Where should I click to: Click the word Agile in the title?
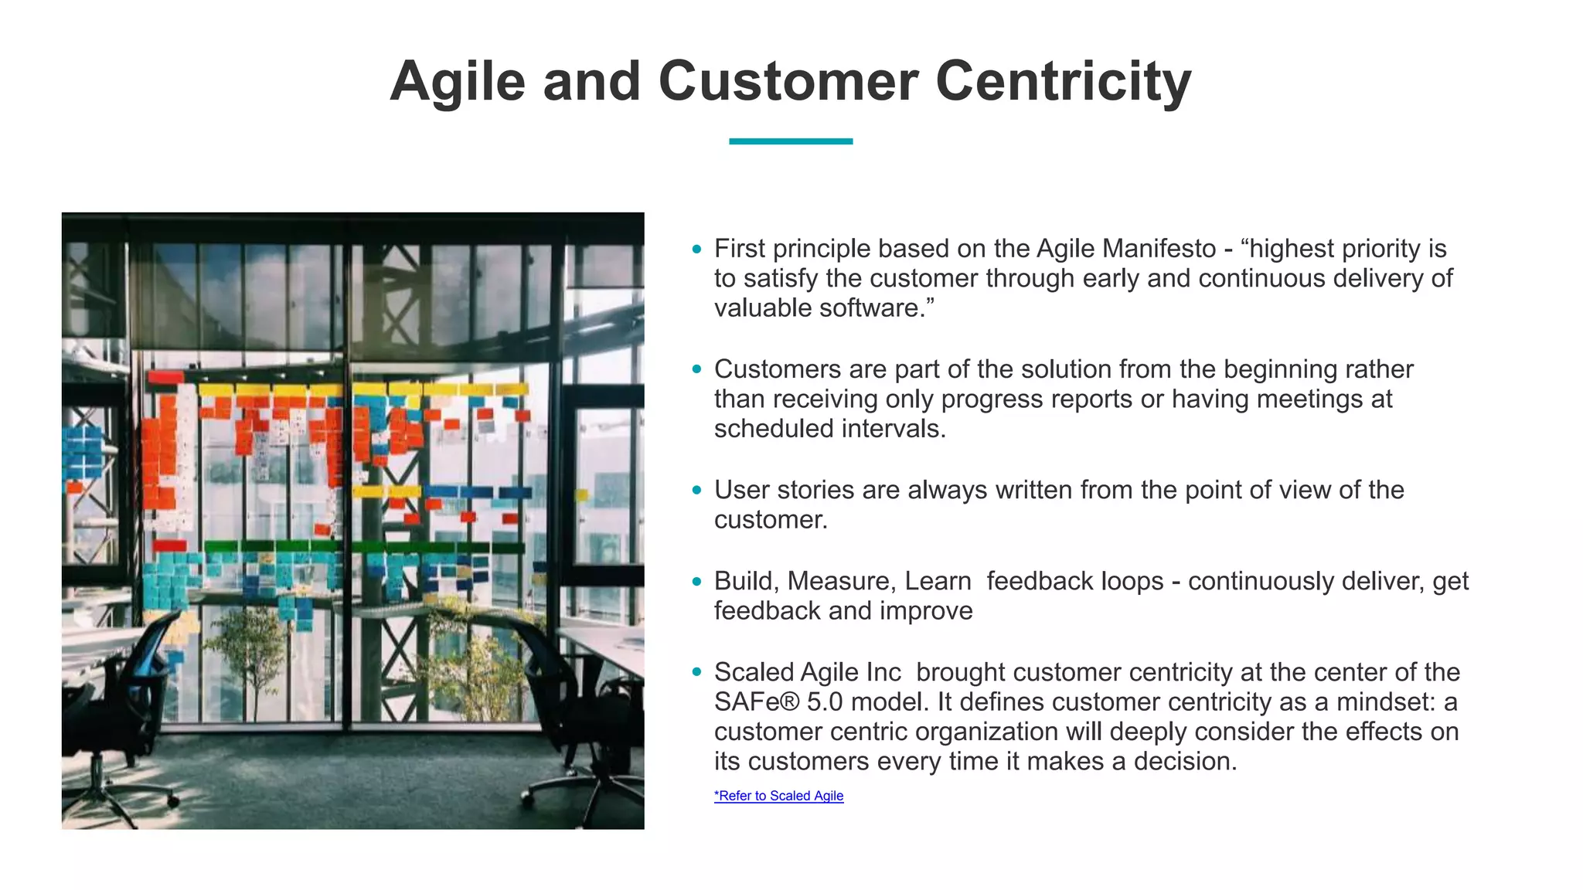[458, 82]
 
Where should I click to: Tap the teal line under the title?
[790, 141]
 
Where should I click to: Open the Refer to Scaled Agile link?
[778, 796]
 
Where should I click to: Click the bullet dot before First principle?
[696, 249]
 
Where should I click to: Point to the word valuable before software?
[763, 308]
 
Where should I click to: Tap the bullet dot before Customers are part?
[696, 369]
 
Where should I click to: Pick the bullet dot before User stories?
[696, 490]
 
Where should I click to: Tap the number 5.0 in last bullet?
[824, 702]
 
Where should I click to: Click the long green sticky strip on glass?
[363, 547]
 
